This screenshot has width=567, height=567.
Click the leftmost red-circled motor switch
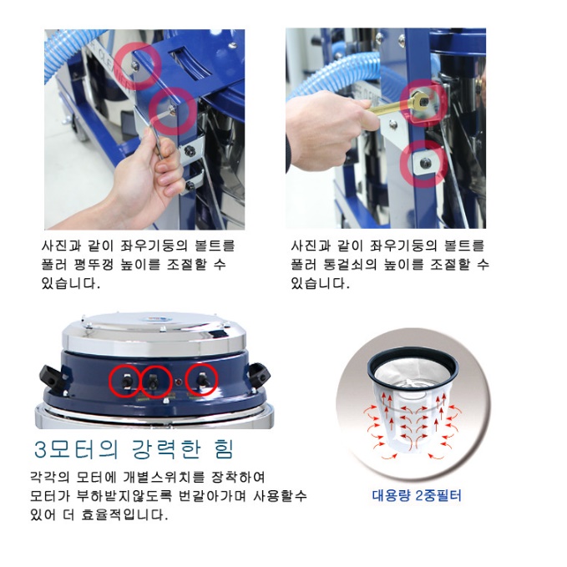pyautogui.click(x=126, y=382)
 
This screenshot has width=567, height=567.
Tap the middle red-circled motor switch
pyautogui.click(x=153, y=382)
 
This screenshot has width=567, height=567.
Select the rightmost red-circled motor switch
pyautogui.click(x=201, y=381)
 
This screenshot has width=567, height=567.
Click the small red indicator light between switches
pyautogui.click(x=178, y=382)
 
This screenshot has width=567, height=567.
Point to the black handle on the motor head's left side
pyautogui.click(x=49, y=376)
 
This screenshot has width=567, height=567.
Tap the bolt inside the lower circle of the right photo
pyautogui.click(x=425, y=163)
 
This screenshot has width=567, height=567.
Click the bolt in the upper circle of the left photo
pyautogui.click(x=135, y=65)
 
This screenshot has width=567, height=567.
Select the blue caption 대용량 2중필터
pyautogui.click(x=417, y=495)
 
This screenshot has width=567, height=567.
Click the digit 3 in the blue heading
pyautogui.click(x=40, y=450)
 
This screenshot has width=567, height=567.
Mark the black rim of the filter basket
pyautogui.click(x=413, y=366)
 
